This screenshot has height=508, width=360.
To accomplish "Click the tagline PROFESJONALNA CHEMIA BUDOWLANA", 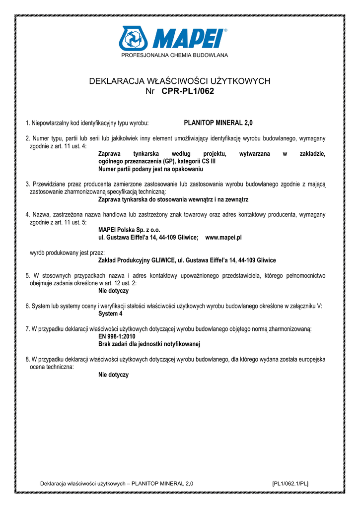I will (x=175, y=55).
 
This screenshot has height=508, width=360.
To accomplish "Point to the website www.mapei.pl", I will (x=223, y=238).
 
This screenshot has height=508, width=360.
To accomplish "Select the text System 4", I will (x=110, y=314).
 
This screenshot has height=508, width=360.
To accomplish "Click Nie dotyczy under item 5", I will (x=114, y=291).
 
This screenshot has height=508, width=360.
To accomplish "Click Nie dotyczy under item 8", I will (x=114, y=375).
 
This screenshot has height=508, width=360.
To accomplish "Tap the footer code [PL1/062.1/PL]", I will (x=290, y=483).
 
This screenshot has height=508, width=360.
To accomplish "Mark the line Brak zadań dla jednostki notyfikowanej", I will (x=149, y=344).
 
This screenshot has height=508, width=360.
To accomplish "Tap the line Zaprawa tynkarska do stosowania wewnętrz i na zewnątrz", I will (x=173, y=199).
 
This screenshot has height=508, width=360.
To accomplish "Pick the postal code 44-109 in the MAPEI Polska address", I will (x=170, y=238).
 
